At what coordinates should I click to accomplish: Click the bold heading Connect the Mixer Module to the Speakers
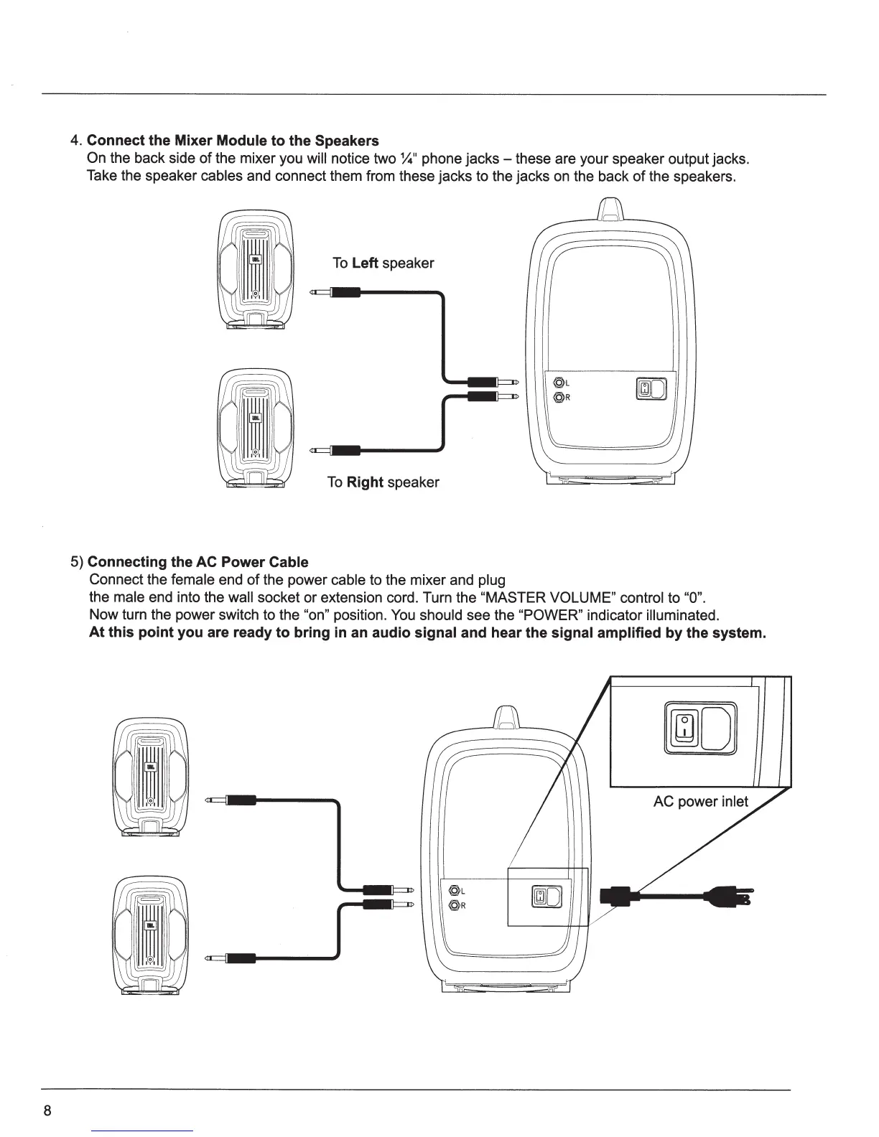click(233, 140)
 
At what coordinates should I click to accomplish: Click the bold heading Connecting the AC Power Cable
click(197, 561)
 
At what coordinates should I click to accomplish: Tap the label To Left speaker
click(383, 263)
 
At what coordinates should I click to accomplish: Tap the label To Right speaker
click(383, 482)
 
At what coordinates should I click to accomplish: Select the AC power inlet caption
click(700, 801)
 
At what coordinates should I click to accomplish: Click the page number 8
click(47, 1110)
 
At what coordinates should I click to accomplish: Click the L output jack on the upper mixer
click(558, 383)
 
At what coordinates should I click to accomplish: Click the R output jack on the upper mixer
click(558, 397)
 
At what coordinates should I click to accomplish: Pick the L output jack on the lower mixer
click(453, 891)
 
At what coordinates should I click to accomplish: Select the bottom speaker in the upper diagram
click(255, 428)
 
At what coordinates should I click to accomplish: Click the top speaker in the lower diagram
click(150, 778)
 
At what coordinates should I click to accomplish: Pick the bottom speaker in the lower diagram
click(150, 934)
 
